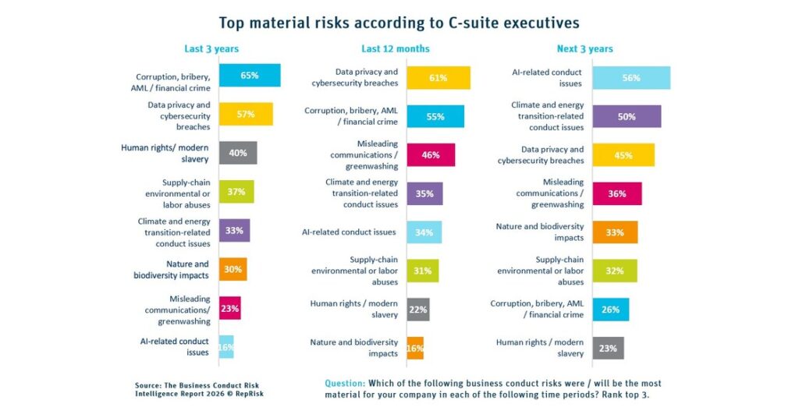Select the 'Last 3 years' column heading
click(x=211, y=48)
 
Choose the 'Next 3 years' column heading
click(x=584, y=48)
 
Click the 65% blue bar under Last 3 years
click(x=249, y=76)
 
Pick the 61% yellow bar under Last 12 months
click(x=438, y=78)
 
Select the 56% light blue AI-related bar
click(x=630, y=78)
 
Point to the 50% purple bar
click(x=627, y=116)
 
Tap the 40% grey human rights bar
click(x=237, y=153)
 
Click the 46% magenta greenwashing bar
click(x=430, y=155)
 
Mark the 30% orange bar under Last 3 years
click(x=233, y=269)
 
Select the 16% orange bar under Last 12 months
click(x=414, y=348)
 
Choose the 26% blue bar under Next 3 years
click(x=610, y=310)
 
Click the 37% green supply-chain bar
click(x=236, y=191)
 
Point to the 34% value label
click(x=424, y=232)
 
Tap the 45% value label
click(x=623, y=155)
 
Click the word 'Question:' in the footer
click(x=344, y=384)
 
